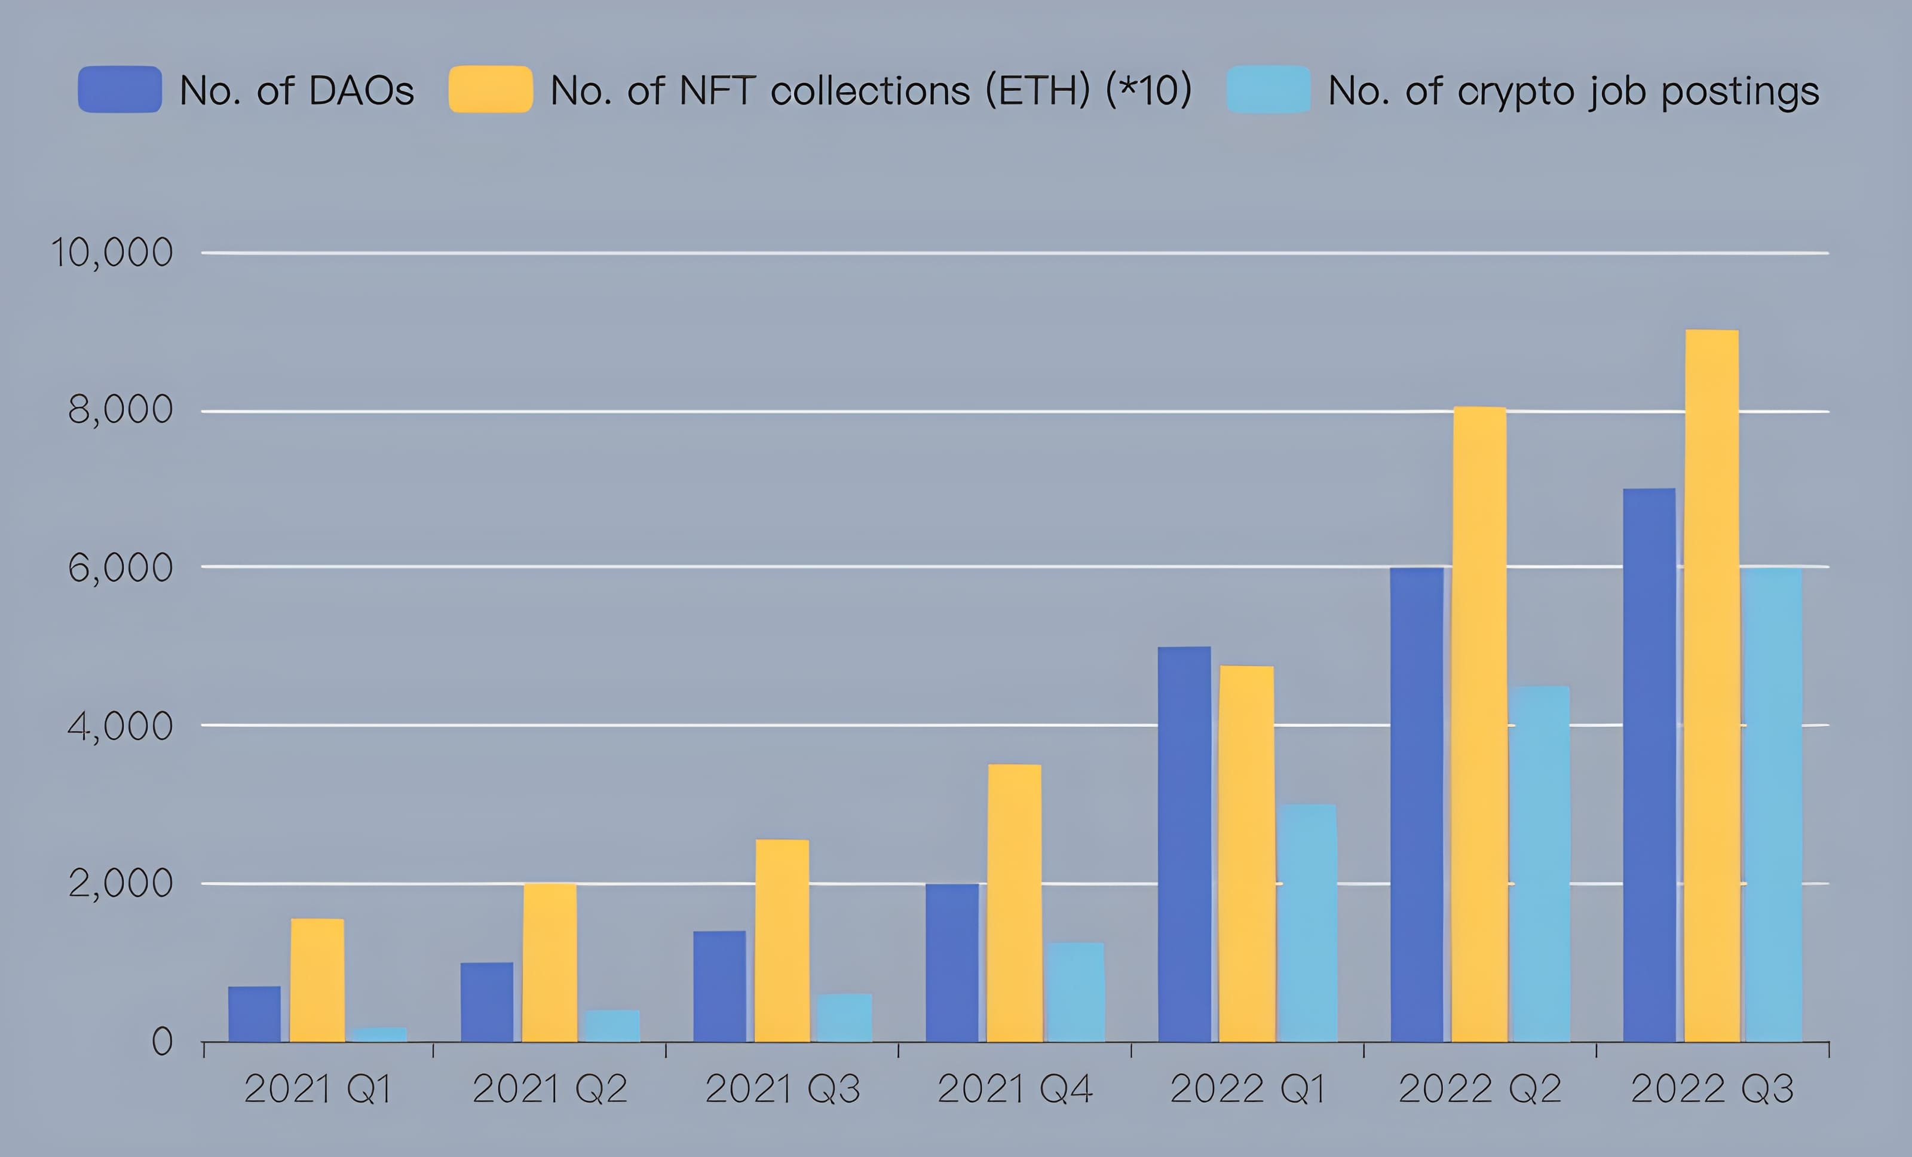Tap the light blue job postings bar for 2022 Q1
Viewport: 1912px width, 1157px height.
(x=1309, y=923)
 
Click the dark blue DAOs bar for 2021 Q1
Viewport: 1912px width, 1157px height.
(x=255, y=1014)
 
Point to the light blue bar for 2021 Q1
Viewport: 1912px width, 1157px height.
(x=379, y=1034)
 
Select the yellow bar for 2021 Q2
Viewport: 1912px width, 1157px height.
(x=549, y=962)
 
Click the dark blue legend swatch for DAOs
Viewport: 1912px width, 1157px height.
(x=119, y=89)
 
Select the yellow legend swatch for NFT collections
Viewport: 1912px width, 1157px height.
(x=491, y=89)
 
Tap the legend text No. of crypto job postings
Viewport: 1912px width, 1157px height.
(x=1573, y=91)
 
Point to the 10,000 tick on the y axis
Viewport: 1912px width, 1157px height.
(x=111, y=253)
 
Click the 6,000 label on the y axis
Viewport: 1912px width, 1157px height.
(x=119, y=568)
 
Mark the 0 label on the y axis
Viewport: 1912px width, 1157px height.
(x=161, y=1042)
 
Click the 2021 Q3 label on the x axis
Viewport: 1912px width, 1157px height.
(x=782, y=1089)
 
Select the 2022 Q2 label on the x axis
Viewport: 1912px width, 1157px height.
(x=1479, y=1089)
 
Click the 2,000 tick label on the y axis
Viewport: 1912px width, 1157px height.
(x=119, y=883)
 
